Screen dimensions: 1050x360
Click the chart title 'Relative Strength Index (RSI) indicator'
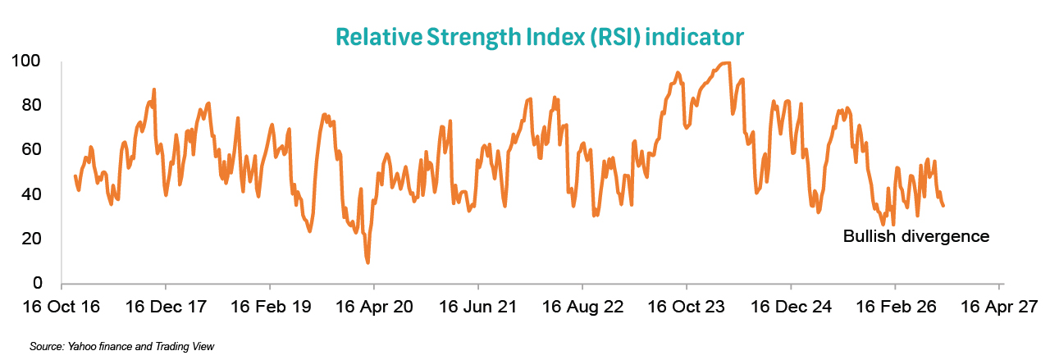click(540, 37)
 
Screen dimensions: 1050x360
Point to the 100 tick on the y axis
click(25, 61)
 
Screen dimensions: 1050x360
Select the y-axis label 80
click(31, 105)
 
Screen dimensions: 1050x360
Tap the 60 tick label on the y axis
click(31, 149)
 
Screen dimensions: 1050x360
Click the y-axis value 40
click(31, 194)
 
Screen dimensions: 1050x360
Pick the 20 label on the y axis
click(31, 239)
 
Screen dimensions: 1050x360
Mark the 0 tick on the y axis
click(38, 283)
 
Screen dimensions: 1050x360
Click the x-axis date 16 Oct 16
click(62, 307)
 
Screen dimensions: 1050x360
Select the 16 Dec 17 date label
click(166, 307)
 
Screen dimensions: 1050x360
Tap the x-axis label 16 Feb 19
click(271, 307)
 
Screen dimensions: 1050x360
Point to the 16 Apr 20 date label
click(374, 307)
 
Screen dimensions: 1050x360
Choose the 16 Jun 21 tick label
click(477, 307)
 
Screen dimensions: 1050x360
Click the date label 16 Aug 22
click(582, 307)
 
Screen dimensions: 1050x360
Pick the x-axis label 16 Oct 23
click(687, 307)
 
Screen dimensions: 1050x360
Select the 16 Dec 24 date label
click(791, 307)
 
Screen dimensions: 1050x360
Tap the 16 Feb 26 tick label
click(896, 307)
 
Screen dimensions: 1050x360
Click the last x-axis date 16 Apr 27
click(999, 307)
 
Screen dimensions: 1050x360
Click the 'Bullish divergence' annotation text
click(916, 236)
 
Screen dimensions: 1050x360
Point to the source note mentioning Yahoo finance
click(121, 346)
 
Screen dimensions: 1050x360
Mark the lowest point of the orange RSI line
click(368, 262)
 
